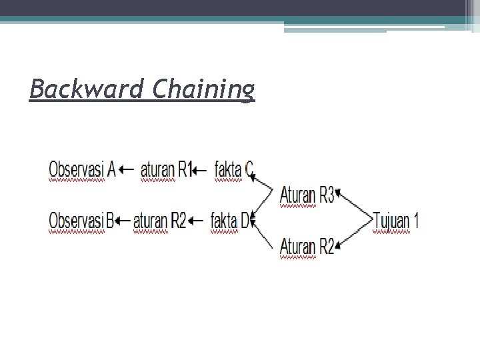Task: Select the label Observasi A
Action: point(82,169)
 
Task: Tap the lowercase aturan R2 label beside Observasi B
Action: point(159,220)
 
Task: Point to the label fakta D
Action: point(231,220)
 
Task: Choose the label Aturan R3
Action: point(307,195)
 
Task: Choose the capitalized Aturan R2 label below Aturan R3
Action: point(307,246)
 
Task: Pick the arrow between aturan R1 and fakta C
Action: point(199,171)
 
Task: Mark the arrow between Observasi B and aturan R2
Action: point(123,220)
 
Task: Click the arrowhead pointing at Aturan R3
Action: point(338,194)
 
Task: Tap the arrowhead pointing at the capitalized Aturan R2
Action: point(338,247)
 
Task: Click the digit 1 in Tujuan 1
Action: point(415,220)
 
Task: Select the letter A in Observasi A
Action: point(111,169)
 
